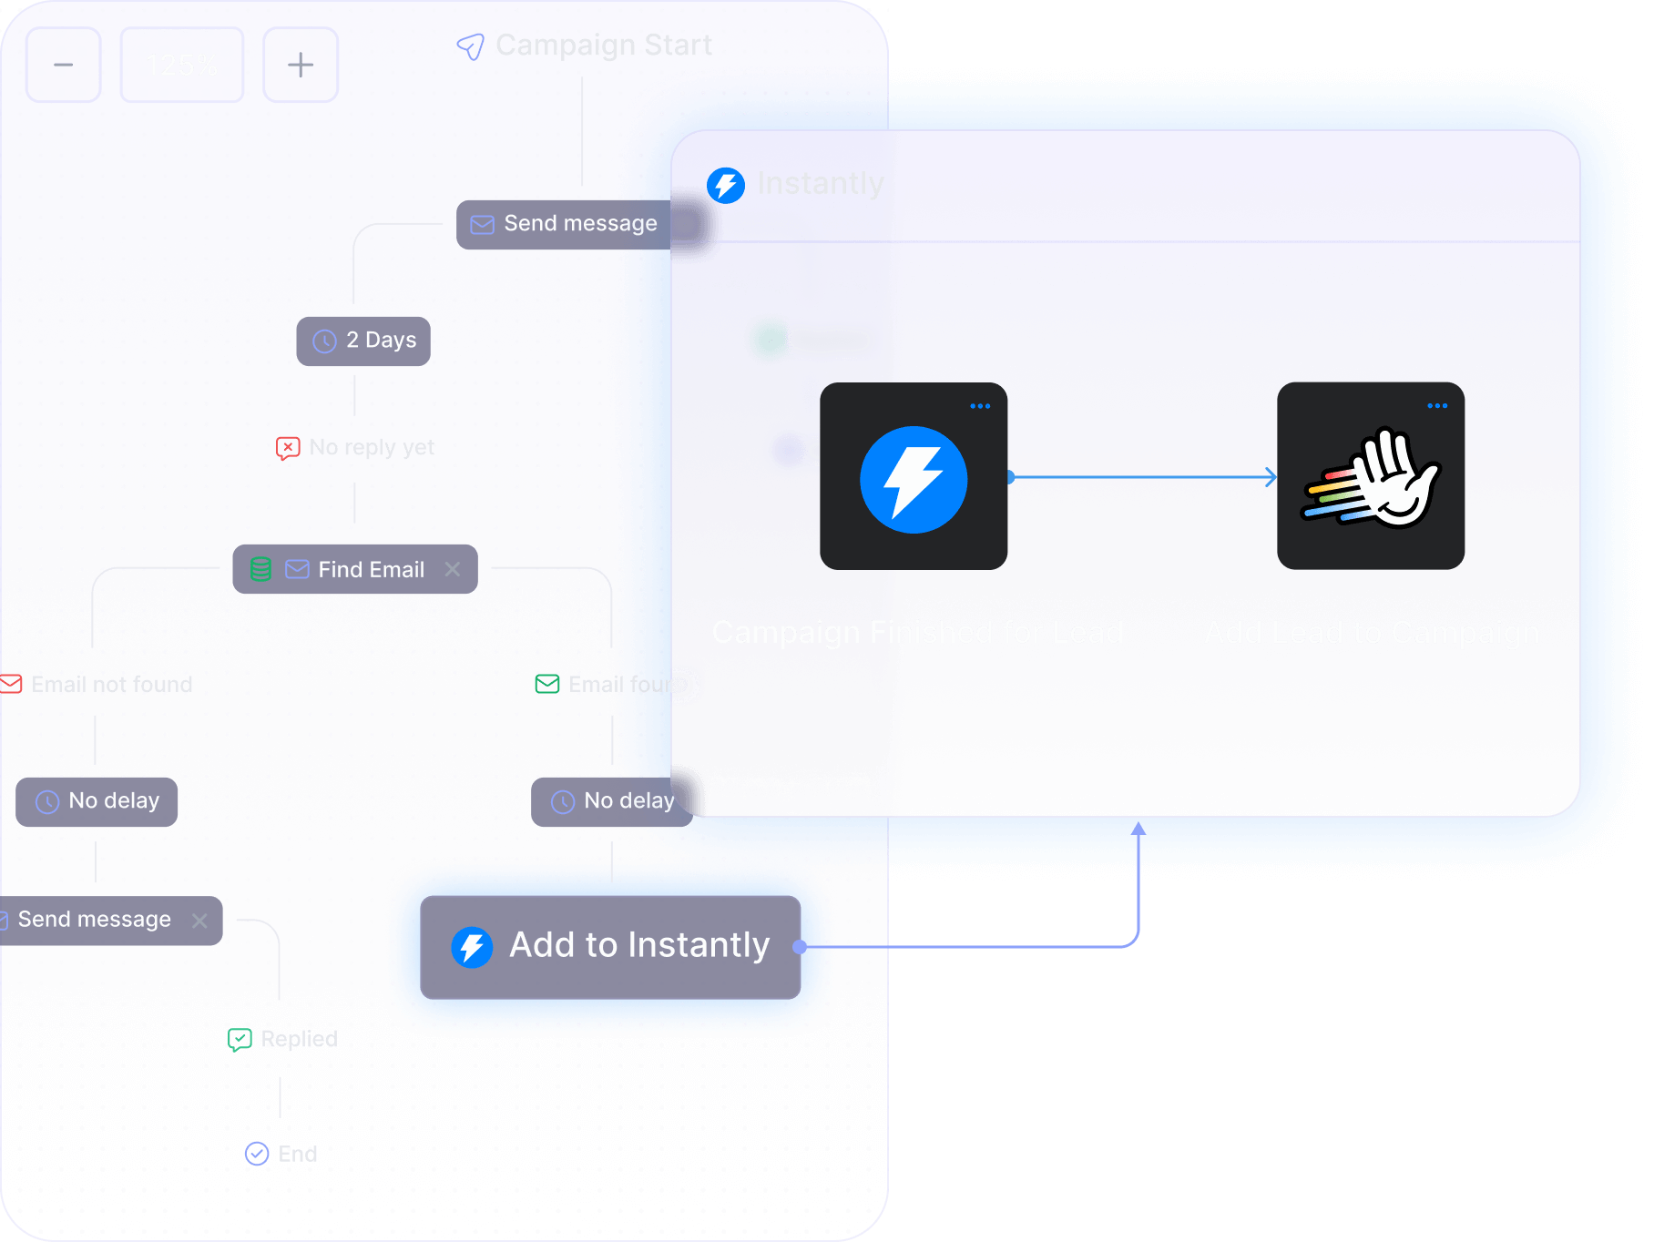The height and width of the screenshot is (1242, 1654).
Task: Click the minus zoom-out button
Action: [x=63, y=65]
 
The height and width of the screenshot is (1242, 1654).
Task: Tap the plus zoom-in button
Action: [x=300, y=65]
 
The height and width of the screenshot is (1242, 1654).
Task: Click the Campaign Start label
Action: [x=602, y=45]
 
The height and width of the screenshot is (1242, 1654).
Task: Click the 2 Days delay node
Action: [x=363, y=341]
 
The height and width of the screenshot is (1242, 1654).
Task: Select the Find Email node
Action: [x=355, y=569]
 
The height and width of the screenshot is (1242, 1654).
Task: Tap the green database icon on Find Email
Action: [x=260, y=569]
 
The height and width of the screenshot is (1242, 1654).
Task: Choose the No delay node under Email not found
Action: [x=97, y=801]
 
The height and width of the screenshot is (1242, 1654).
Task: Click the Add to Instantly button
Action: [x=610, y=946]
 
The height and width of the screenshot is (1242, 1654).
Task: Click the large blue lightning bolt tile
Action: [x=914, y=476]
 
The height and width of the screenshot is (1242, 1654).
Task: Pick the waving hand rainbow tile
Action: [x=1371, y=476]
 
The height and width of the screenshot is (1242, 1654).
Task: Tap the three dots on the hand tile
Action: [x=1437, y=406]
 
